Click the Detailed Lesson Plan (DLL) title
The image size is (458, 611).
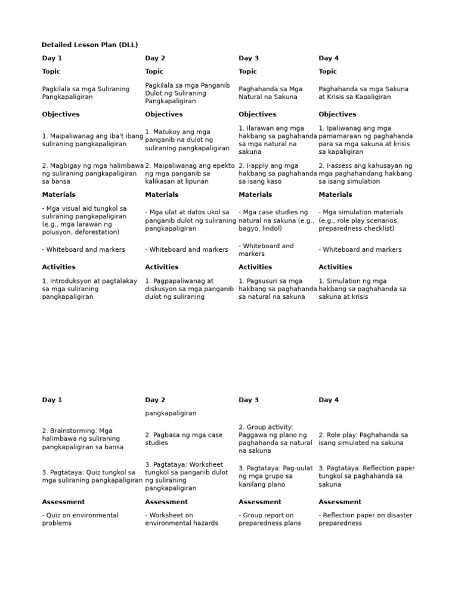click(x=89, y=45)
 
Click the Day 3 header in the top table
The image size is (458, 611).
click(x=249, y=58)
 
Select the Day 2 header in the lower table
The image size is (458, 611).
click(x=155, y=400)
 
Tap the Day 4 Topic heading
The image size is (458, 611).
click(x=327, y=71)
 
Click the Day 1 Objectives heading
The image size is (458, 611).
click(x=60, y=114)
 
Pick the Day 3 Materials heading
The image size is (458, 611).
click(x=255, y=195)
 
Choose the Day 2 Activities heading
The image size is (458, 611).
click(x=162, y=267)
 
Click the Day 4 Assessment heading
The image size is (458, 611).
click(x=340, y=502)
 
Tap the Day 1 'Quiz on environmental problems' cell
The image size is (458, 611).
click(x=80, y=519)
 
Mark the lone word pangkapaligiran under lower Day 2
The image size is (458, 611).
click(x=171, y=413)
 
